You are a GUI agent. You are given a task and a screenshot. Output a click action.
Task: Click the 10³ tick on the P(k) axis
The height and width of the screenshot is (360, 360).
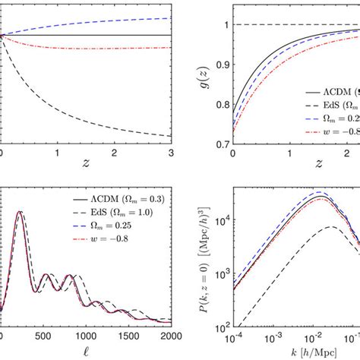coord(220,270)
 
